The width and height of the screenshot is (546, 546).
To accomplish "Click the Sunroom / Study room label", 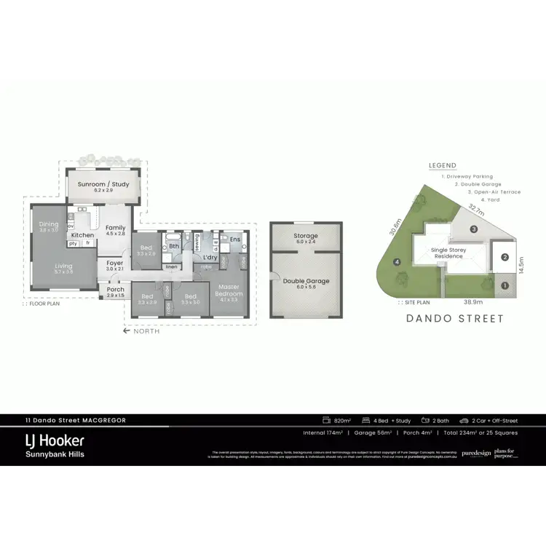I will coord(108,184).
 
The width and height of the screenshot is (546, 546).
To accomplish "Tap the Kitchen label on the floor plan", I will coord(82,235).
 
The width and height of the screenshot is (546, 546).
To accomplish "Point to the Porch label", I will coord(115,289).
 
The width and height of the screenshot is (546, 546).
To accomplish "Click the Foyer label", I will coord(115,263).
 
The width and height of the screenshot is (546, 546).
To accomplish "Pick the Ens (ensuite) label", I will coord(234,240).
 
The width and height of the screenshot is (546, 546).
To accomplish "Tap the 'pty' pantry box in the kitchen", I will coord(74,243).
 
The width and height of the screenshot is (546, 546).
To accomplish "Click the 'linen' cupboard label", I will coord(172,267).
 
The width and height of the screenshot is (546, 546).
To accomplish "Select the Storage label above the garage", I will coord(306,236).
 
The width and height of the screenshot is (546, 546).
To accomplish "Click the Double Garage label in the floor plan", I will coord(306,281).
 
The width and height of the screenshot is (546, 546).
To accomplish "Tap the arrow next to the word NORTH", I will coord(126,331).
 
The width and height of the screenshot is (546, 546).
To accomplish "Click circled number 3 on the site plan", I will coord(473,229).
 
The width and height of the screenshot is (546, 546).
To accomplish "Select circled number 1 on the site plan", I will coord(505,285).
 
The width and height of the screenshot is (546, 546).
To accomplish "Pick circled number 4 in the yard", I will coord(397,262).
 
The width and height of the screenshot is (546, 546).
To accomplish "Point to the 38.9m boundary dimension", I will coord(475,300).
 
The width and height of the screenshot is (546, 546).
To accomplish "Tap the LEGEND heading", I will coord(443,166).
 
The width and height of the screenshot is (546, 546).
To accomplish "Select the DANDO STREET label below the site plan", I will coord(456,318).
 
